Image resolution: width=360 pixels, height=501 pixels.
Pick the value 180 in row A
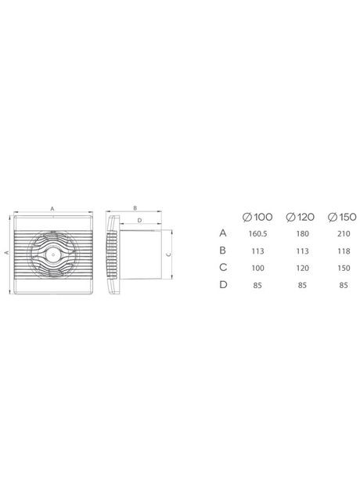tap(301, 232)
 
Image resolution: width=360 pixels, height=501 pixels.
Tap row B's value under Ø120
tap(301, 250)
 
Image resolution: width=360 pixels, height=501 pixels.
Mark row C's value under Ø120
tap(301, 267)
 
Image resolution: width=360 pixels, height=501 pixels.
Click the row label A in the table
tap(223, 232)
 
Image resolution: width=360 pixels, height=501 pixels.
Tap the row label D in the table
tap(223, 285)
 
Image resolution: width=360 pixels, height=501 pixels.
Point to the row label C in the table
tap(223, 267)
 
